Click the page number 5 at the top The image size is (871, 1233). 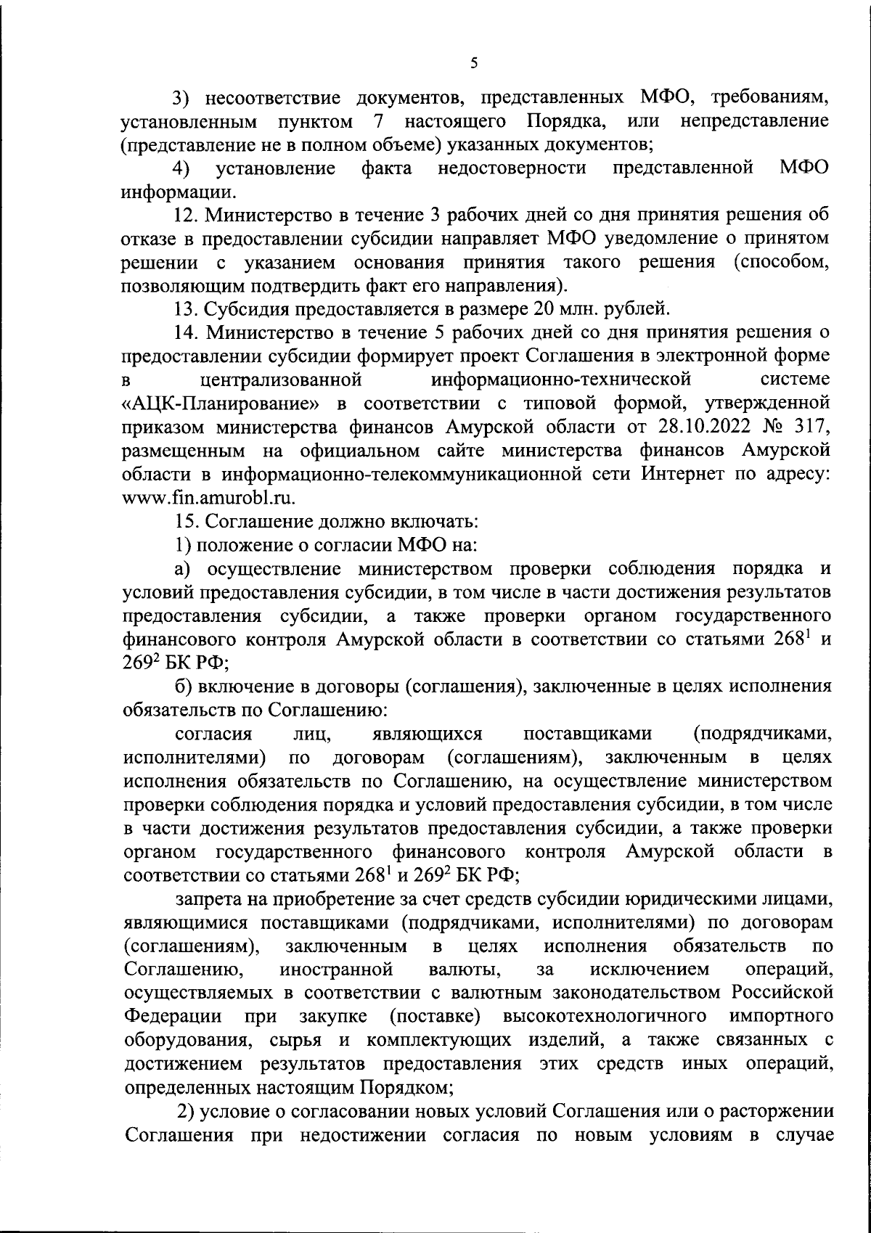click(x=473, y=63)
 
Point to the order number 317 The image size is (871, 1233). click(x=812, y=426)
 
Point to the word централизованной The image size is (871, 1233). click(x=280, y=379)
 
